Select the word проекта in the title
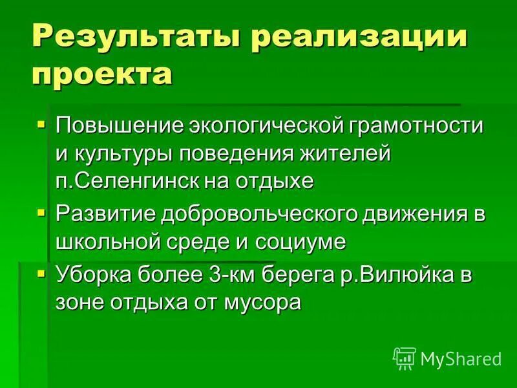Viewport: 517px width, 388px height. [101, 73]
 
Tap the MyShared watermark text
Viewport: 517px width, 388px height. [461, 358]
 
